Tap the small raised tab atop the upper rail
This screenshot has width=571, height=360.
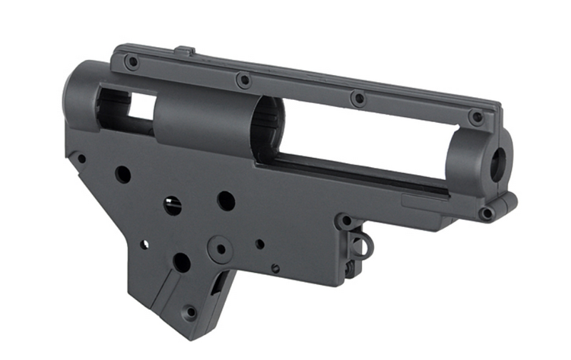pos(185,51)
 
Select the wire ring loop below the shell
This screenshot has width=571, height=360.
pos(363,246)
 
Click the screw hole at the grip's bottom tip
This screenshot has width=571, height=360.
pos(190,311)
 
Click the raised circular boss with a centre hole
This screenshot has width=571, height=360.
pos(221,249)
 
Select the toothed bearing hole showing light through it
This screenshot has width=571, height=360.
pos(172,206)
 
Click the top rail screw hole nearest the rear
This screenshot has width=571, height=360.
pos(132,62)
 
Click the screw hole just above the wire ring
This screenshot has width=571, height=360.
pos(345,222)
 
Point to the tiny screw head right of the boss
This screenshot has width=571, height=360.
pos(276,268)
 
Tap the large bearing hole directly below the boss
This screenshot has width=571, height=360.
pos(182,263)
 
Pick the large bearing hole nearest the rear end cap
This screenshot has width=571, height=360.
pos(123,174)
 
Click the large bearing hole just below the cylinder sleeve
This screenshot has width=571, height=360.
pos(226,201)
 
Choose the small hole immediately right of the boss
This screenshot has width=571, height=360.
pos(260,244)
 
